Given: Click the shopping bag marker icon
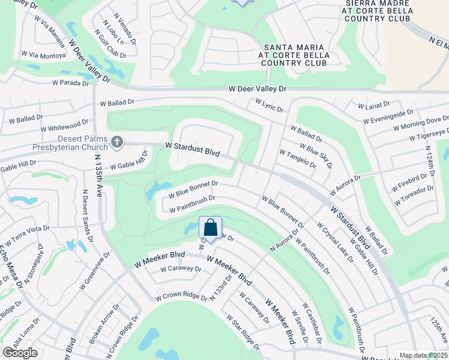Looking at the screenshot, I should tap(210, 229).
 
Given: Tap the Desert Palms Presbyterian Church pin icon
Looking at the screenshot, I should tap(116, 142).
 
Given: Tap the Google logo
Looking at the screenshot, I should tap(20, 353).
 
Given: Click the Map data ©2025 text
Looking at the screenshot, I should tap(423, 356).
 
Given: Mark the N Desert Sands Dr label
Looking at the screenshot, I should tap(88, 217).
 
